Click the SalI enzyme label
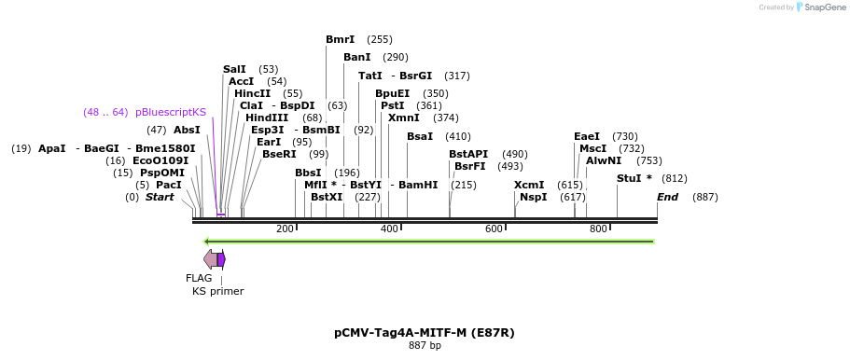pos(234,69)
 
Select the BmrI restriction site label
pos(340,39)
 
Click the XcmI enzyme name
pos(528,185)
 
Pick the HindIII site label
pos(267,118)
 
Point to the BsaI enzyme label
pos(420,136)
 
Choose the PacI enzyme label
pos(169,185)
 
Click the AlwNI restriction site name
pos(604,160)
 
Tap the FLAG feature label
pos(199,278)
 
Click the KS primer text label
pos(217,291)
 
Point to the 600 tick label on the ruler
pos(494,229)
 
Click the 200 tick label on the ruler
pos(285,229)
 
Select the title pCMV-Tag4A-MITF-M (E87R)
pos(425,332)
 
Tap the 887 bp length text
pos(425,346)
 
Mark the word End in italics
pos(667,197)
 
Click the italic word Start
pos(160,197)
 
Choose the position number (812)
pos(674,178)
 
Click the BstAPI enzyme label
pos(468,154)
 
